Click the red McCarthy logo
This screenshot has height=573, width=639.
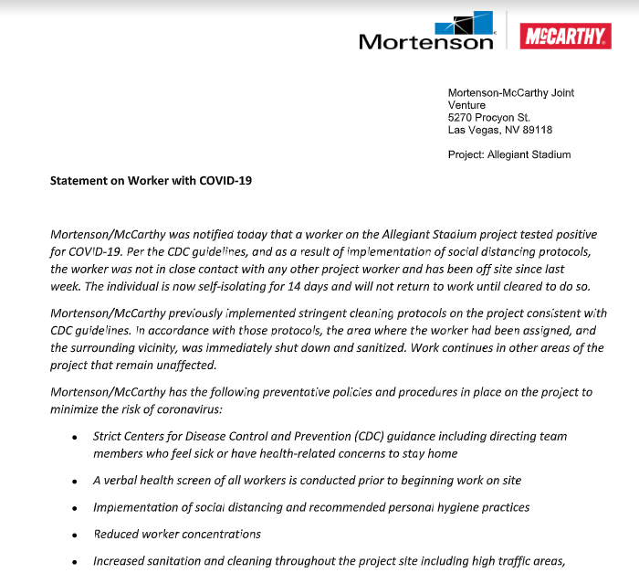pyautogui.click(x=566, y=37)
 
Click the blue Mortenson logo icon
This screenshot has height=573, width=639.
pyautogui.click(x=466, y=25)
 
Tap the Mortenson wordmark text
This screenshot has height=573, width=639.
pyautogui.click(x=425, y=42)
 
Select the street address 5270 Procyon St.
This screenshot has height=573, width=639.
pyautogui.click(x=488, y=118)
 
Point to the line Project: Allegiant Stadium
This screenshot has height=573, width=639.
pyautogui.click(x=508, y=154)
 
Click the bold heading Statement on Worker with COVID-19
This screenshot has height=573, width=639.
pyautogui.click(x=151, y=180)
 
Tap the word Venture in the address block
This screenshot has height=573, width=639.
pyautogui.click(x=466, y=105)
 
